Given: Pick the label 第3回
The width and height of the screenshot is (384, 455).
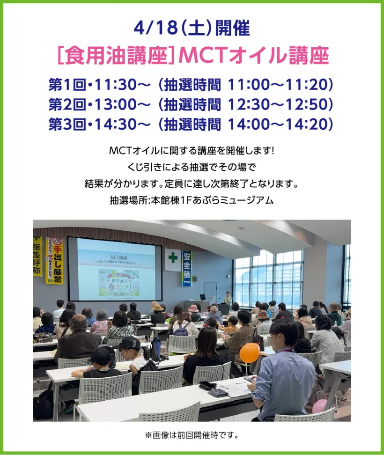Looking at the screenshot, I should (67, 124).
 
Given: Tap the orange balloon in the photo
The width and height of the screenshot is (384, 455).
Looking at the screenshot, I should (250, 352).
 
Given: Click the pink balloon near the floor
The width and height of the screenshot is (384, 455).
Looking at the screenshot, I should (319, 406).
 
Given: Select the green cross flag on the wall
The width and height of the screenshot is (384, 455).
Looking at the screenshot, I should (173, 258).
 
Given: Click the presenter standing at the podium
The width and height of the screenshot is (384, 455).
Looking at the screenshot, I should (228, 299).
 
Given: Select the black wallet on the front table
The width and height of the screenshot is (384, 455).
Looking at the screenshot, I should (207, 385).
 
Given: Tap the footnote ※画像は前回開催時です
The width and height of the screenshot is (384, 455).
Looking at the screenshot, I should (192, 435).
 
